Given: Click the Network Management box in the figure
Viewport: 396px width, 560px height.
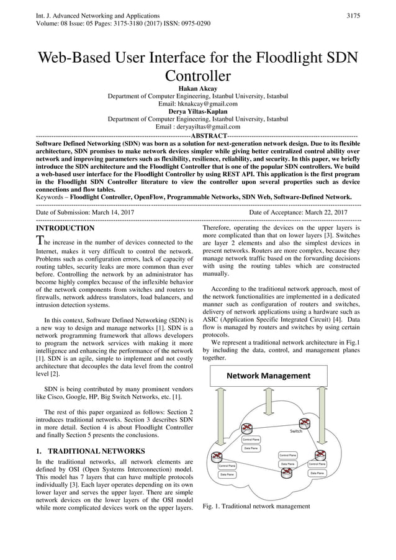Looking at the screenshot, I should (x=268, y=376).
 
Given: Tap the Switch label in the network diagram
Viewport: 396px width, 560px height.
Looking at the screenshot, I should (x=297, y=430).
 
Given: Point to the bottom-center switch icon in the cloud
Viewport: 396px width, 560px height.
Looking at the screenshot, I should (x=287, y=472).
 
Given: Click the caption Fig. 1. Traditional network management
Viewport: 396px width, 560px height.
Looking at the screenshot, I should (x=256, y=506).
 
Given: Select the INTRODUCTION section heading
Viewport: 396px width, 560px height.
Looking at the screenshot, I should (x=66, y=228).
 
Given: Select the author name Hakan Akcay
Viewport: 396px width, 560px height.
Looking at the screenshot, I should (x=198, y=89).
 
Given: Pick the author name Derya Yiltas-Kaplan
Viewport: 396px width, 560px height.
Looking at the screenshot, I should (x=198, y=112).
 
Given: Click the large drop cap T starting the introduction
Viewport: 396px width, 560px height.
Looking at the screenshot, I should (x=40, y=242).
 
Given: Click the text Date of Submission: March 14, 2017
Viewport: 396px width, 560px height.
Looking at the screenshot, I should (x=85, y=212).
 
